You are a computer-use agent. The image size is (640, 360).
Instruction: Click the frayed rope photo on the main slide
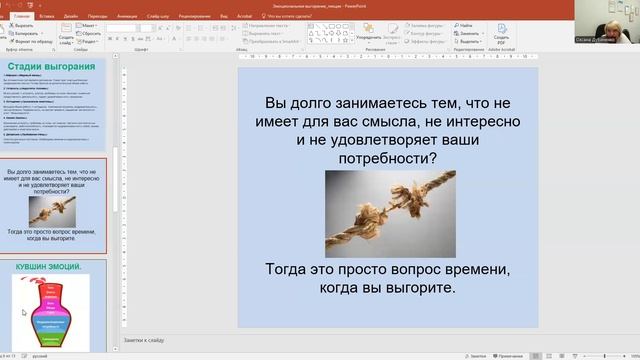tap(390, 213)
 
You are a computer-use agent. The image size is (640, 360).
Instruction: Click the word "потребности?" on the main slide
tap(390, 158)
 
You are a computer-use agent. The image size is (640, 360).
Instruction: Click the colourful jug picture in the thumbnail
tap(50, 310)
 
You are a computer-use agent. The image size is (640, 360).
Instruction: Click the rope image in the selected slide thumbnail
tap(49, 209)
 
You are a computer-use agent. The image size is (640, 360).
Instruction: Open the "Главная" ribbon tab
tap(19, 17)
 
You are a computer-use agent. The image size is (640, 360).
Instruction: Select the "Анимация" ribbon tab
tap(129, 17)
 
